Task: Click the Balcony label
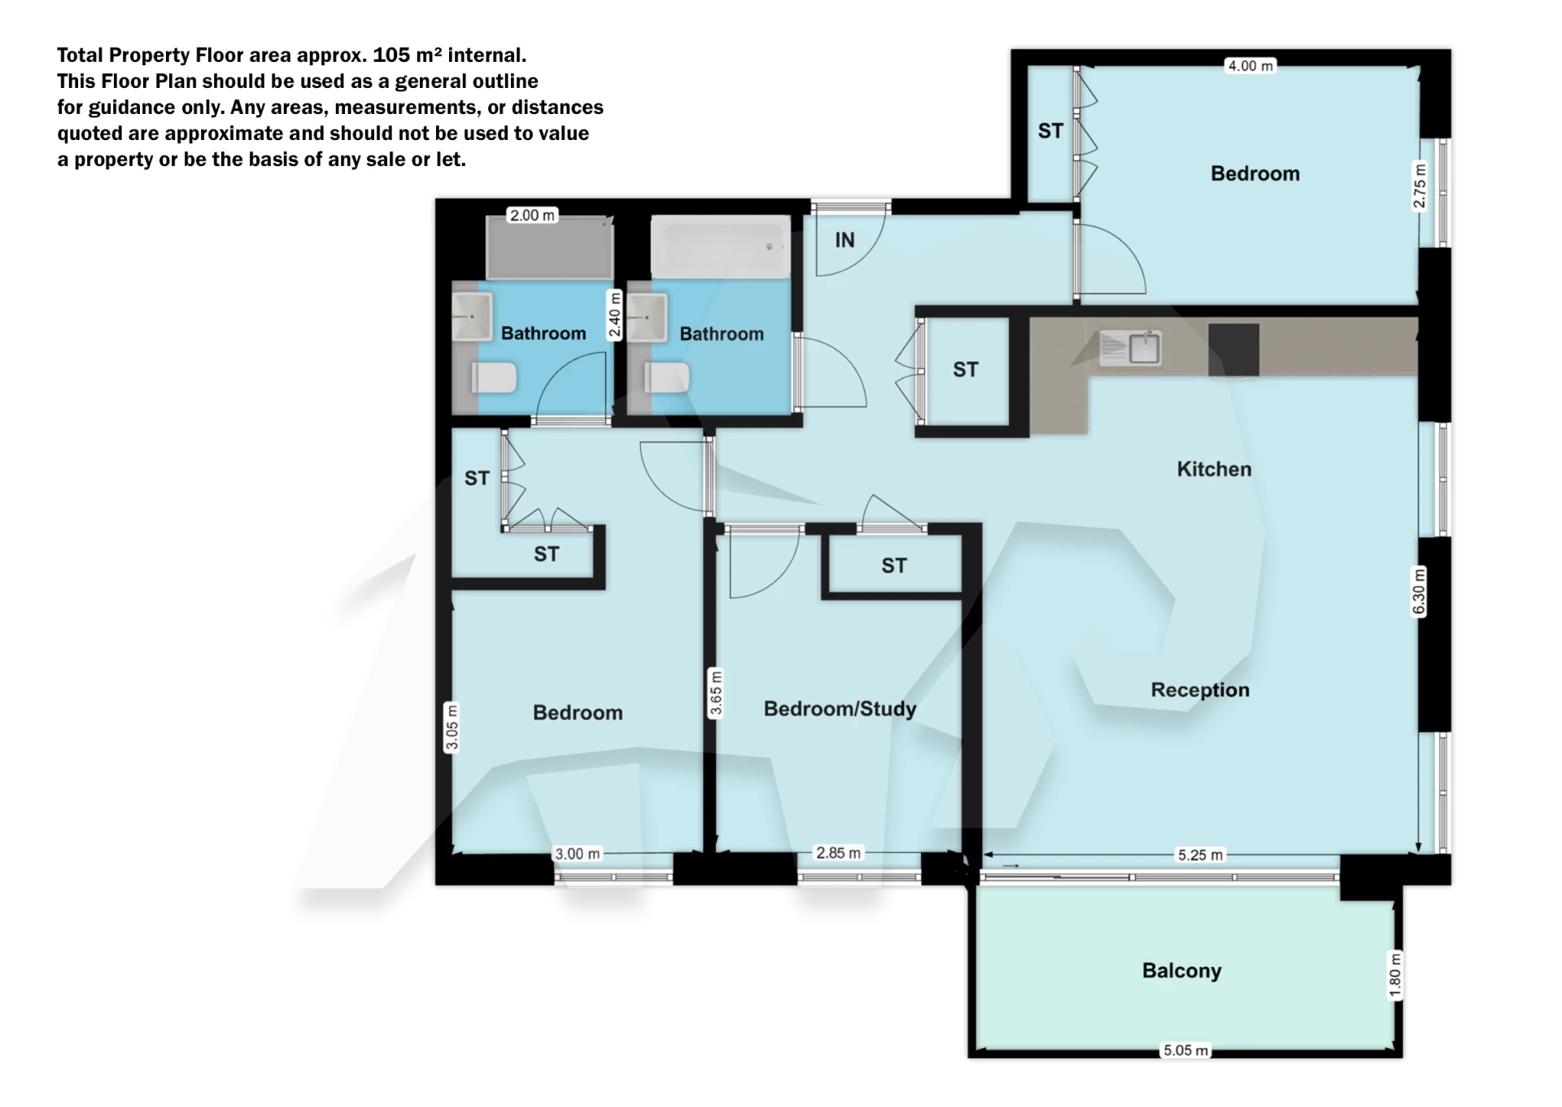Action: [x=1181, y=970]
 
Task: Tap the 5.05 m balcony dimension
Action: [x=1185, y=1050]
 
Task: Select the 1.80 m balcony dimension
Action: [x=1395, y=974]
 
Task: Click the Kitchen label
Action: [x=1214, y=469]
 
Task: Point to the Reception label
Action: [x=1200, y=689]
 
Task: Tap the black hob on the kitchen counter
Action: [x=1233, y=350]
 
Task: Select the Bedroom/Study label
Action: [x=840, y=708]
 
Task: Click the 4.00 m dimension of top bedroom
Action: [x=1250, y=66]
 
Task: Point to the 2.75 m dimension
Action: [x=1420, y=186]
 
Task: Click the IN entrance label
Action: [x=844, y=240]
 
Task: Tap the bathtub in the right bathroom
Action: [x=720, y=247]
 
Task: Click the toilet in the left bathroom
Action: [x=495, y=378]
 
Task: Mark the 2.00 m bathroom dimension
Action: [x=531, y=216]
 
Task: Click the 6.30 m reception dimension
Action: [x=1419, y=592]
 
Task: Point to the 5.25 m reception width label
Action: [x=1200, y=855]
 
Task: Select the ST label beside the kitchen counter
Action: [x=965, y=370]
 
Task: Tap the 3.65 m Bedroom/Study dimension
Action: [x=716, y=692]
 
